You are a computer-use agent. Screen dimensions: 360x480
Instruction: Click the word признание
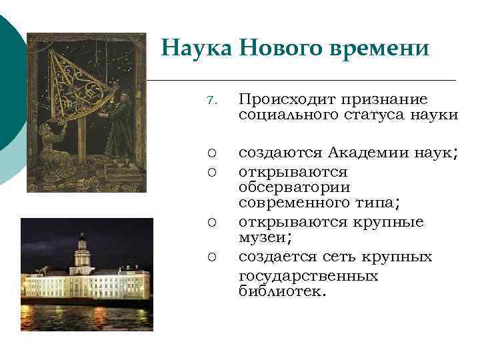point(385,100)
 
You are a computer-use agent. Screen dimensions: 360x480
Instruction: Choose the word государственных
point(308,275)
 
